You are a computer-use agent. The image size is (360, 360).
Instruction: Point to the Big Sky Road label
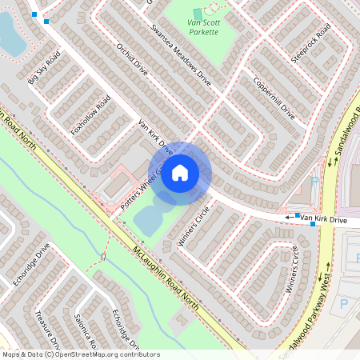pyautogui.click(x=45, y=69)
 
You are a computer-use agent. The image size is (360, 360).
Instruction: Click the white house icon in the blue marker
pyautogui.click(x=180, y=172)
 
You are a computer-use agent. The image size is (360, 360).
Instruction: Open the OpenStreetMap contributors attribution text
pyautogui.click(x=80, y=354)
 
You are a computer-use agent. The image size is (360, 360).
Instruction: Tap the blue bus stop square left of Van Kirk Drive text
pyautogui.click(x=298, y=215)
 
